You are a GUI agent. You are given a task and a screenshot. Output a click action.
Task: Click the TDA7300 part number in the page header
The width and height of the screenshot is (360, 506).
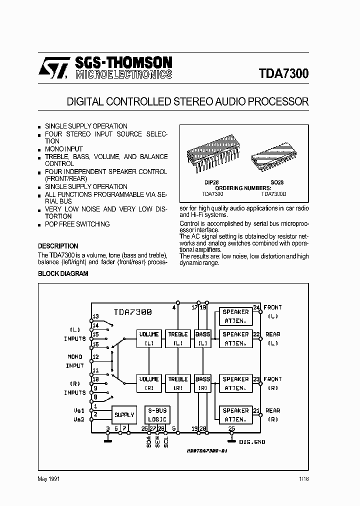coord(283,73)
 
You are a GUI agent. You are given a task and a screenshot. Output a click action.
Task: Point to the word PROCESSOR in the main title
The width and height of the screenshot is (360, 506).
coord(280,101)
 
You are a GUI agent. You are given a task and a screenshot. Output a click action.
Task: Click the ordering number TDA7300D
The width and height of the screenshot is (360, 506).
coord(274,194)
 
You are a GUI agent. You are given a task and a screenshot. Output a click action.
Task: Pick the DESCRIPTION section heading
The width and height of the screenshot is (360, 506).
coord(58,246)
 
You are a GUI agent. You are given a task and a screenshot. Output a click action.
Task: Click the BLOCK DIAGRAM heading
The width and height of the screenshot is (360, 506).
coord(63,273)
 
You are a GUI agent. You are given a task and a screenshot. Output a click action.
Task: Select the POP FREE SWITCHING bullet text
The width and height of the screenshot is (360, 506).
coord(77,224)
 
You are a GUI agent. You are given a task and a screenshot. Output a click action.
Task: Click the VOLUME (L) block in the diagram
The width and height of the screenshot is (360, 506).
coord(148,338)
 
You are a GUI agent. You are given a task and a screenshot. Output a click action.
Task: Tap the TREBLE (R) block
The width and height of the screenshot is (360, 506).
coord(177,383)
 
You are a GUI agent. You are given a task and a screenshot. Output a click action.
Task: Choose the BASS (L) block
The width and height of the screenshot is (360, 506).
coord(202,338)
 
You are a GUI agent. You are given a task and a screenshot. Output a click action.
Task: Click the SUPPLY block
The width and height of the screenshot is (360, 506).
coord(124,414)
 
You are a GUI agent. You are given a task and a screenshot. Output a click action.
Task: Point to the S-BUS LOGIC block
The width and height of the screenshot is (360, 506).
coord(157,414)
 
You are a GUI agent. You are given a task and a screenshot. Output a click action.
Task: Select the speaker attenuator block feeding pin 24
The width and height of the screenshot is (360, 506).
coord(235,316)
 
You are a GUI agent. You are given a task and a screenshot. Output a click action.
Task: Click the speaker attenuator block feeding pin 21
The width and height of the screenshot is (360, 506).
coord(235,414)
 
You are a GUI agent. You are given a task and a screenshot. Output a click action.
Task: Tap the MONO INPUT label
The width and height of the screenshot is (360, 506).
coord(75,361)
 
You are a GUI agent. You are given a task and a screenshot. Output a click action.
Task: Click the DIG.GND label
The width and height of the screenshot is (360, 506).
coord(252,442)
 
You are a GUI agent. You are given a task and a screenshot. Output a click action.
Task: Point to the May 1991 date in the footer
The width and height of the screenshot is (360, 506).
coord(49,479)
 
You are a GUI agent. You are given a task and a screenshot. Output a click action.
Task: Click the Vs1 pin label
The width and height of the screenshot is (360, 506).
coord(79,410)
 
